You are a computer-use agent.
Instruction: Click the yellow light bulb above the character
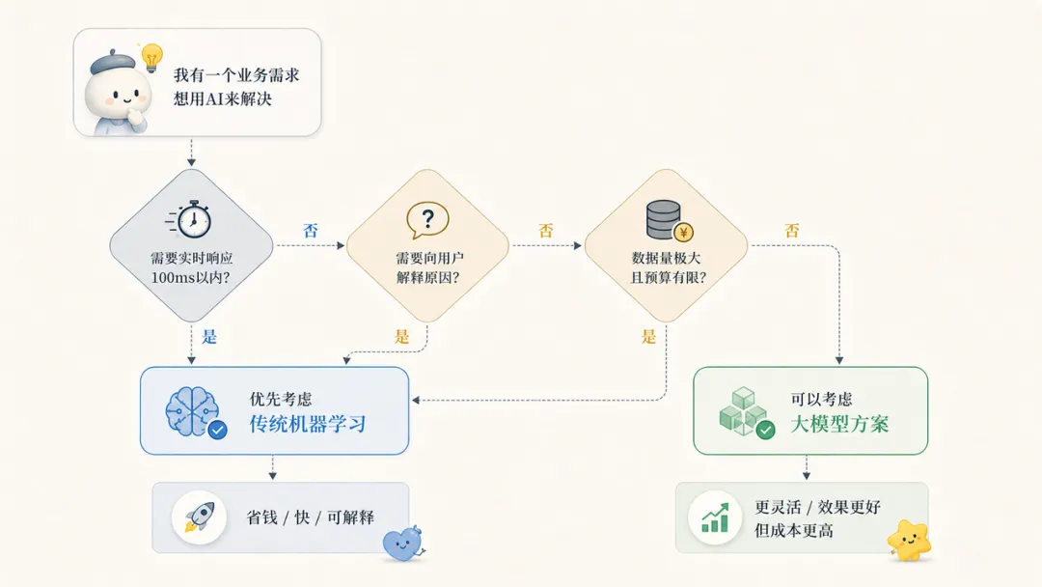tap(152, 57)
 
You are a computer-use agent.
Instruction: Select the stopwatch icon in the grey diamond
tap(189, 219)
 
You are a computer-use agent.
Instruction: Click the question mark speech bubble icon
tap(427, 220)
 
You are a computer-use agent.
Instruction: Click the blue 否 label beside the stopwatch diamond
tap(311, 231)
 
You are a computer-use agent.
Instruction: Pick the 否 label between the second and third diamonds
tap(545, 231)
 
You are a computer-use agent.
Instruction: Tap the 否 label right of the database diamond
tap(791, 231)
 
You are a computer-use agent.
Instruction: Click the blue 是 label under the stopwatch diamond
tap(209, 336)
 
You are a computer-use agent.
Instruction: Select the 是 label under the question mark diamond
tap(401, 336)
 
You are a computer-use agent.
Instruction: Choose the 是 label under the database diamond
tap(648, 336)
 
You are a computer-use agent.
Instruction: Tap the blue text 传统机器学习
tap(308, 424)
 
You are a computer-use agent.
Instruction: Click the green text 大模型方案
tap(839, 424)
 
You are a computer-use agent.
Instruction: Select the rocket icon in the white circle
tap(199, 517)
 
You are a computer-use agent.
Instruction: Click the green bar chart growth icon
tap(715, 517)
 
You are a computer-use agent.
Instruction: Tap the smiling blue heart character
tap(403, 544)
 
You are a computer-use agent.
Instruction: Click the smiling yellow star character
tap(909, 540)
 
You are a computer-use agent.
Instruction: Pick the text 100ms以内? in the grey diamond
tap(190, 277)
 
